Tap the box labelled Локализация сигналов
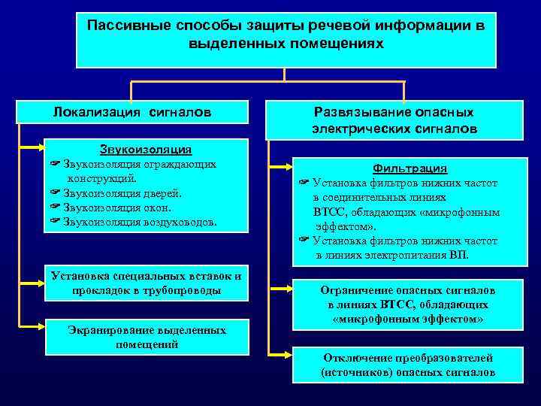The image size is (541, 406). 132,112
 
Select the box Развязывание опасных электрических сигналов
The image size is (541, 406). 394,120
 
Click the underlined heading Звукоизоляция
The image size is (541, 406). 146,150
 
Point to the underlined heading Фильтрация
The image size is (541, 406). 410,168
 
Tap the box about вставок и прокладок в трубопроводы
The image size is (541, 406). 146,283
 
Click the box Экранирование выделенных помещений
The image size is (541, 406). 146,338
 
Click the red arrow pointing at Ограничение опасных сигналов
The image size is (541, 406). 280,287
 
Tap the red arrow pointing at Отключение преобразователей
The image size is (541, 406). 280,353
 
